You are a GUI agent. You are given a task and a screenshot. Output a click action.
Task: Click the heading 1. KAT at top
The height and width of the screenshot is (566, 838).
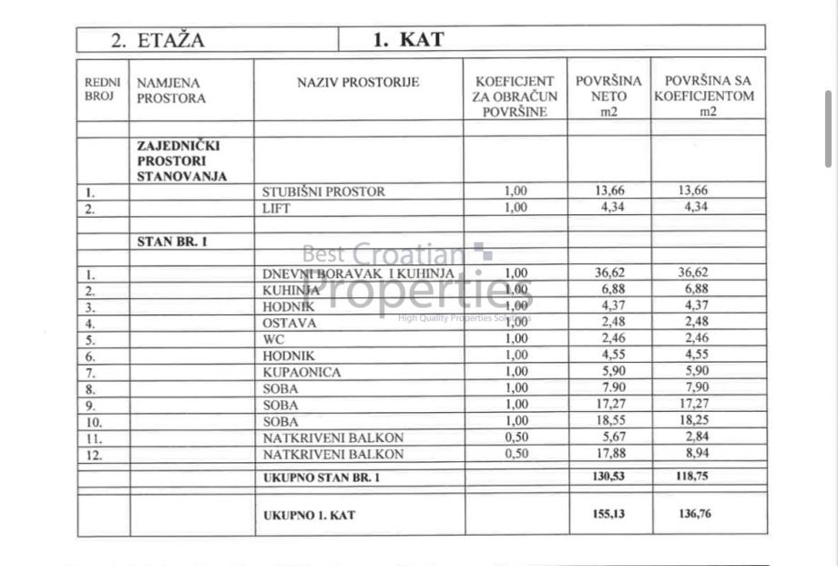pyautogui.click(x=407, y=39)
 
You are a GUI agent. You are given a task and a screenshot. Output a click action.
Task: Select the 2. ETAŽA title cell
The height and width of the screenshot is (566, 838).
pyautogui.click(x=158, y=39)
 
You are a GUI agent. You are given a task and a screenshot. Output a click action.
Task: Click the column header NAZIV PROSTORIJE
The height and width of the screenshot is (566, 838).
pyautogui.click(x=358, y=83)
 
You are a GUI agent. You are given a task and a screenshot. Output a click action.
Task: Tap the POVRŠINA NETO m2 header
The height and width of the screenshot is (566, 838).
pyautogui.click(x=608, y=96)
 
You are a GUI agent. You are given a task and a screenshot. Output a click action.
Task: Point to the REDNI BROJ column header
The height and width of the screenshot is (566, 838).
pyautogui.click(x=102, y=89)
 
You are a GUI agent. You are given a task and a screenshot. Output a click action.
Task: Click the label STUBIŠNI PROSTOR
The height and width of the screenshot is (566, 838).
pyautogui.click(x=323, y=191)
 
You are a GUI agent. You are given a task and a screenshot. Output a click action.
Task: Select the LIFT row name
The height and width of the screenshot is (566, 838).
pyautogui.click(x=278, y=207)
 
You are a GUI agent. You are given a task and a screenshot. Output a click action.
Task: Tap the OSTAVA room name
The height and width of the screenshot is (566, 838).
pyautogui.click(x=290, y=323)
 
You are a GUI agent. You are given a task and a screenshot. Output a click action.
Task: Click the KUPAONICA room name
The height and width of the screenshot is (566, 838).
pyautogui.click(x=301, y=372)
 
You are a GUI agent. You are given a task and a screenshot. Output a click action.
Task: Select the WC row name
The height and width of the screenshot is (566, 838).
pyautogui.click(x=273, y=339)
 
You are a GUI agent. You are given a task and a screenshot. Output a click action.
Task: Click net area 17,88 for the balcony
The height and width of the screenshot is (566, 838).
pyautogui.click(x=609, y=454)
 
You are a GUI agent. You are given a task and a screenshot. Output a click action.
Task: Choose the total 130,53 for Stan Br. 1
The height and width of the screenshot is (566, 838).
pyautogui.click(x=609, y=477)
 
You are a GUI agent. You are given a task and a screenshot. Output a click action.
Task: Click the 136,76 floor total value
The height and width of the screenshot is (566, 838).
pyautogui.click(x=695, y=514)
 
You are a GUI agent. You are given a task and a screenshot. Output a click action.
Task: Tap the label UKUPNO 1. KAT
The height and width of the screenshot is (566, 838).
pyautogui.click(x=309, y=515)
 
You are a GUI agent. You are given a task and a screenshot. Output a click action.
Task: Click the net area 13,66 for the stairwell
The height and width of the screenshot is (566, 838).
pyautogui.click(x=609, y=190)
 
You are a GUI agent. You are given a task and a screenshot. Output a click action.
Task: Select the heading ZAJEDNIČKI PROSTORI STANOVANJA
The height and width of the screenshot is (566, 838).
pyautogui.click(x=181, y=160)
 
